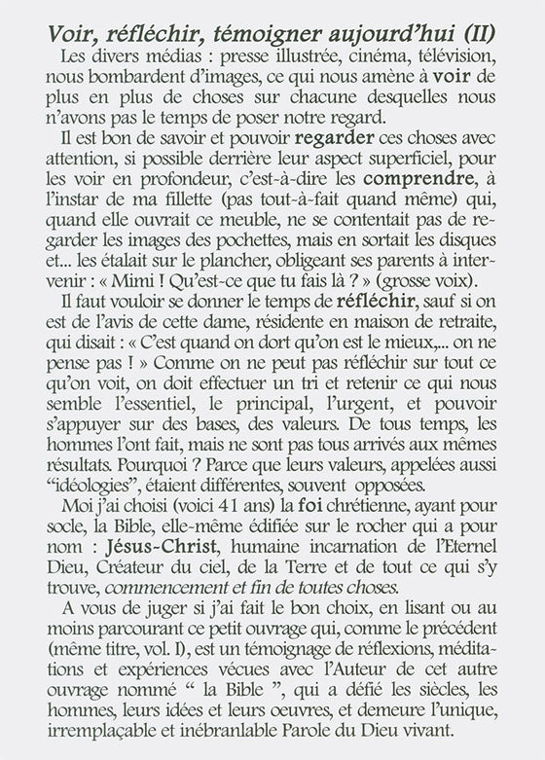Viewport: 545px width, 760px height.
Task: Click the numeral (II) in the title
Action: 482,33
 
